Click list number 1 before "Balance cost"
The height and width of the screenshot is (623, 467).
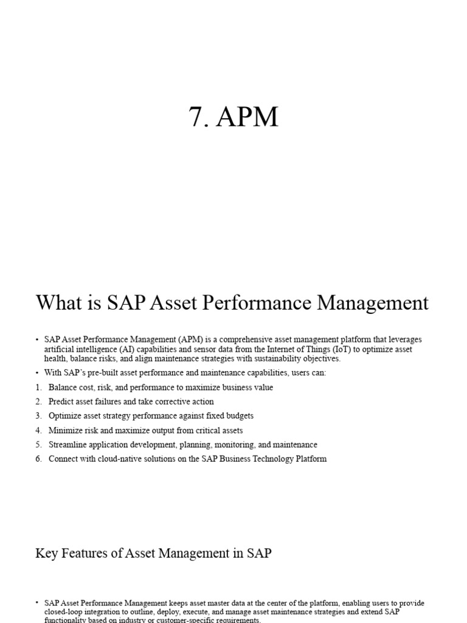(38, 388)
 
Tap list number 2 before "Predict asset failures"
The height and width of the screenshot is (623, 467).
(38, 402)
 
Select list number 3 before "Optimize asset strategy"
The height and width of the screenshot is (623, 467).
(38, 416)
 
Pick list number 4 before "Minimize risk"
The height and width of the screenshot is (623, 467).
(38, 430)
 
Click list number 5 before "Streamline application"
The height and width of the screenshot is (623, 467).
(38, 445)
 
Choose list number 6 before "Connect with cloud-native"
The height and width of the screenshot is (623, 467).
(38, 459)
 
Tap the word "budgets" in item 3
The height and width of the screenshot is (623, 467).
(238, 416)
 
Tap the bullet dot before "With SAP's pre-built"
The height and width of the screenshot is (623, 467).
(38, 373)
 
